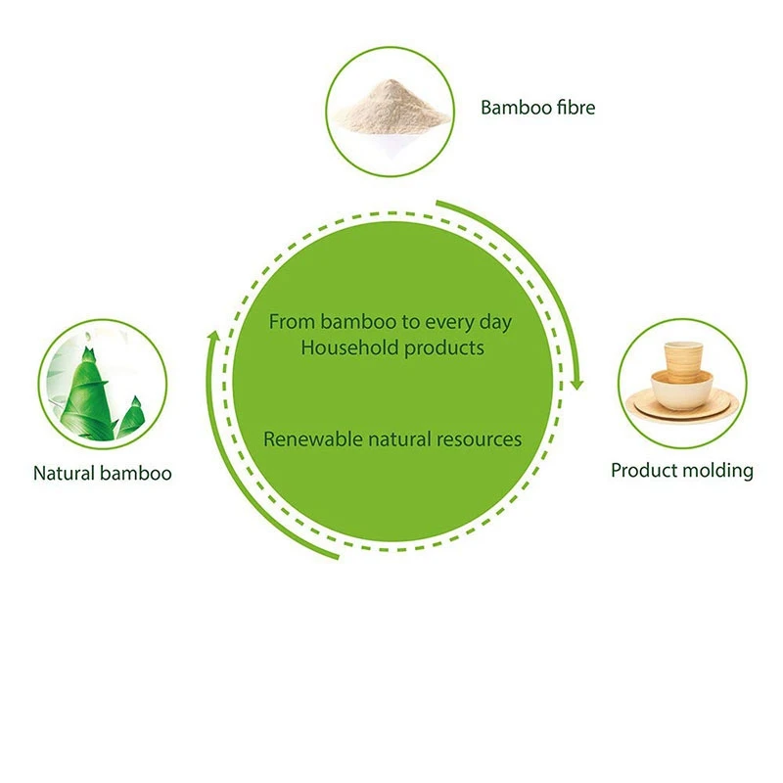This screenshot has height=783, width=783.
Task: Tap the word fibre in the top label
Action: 576,108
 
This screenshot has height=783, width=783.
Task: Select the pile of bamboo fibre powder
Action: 391,107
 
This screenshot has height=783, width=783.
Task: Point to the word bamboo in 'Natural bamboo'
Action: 136,474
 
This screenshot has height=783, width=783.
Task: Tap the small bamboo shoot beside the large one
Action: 132,418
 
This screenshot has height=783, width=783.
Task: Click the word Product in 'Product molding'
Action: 644,472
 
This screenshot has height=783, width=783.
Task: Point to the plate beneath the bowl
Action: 682,407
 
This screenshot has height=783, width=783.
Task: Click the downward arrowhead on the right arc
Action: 577,384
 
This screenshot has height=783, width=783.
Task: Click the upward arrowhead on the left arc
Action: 213,337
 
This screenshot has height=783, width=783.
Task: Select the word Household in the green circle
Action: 349,348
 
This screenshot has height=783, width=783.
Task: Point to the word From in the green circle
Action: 292,322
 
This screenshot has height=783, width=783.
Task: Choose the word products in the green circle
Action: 444,348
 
